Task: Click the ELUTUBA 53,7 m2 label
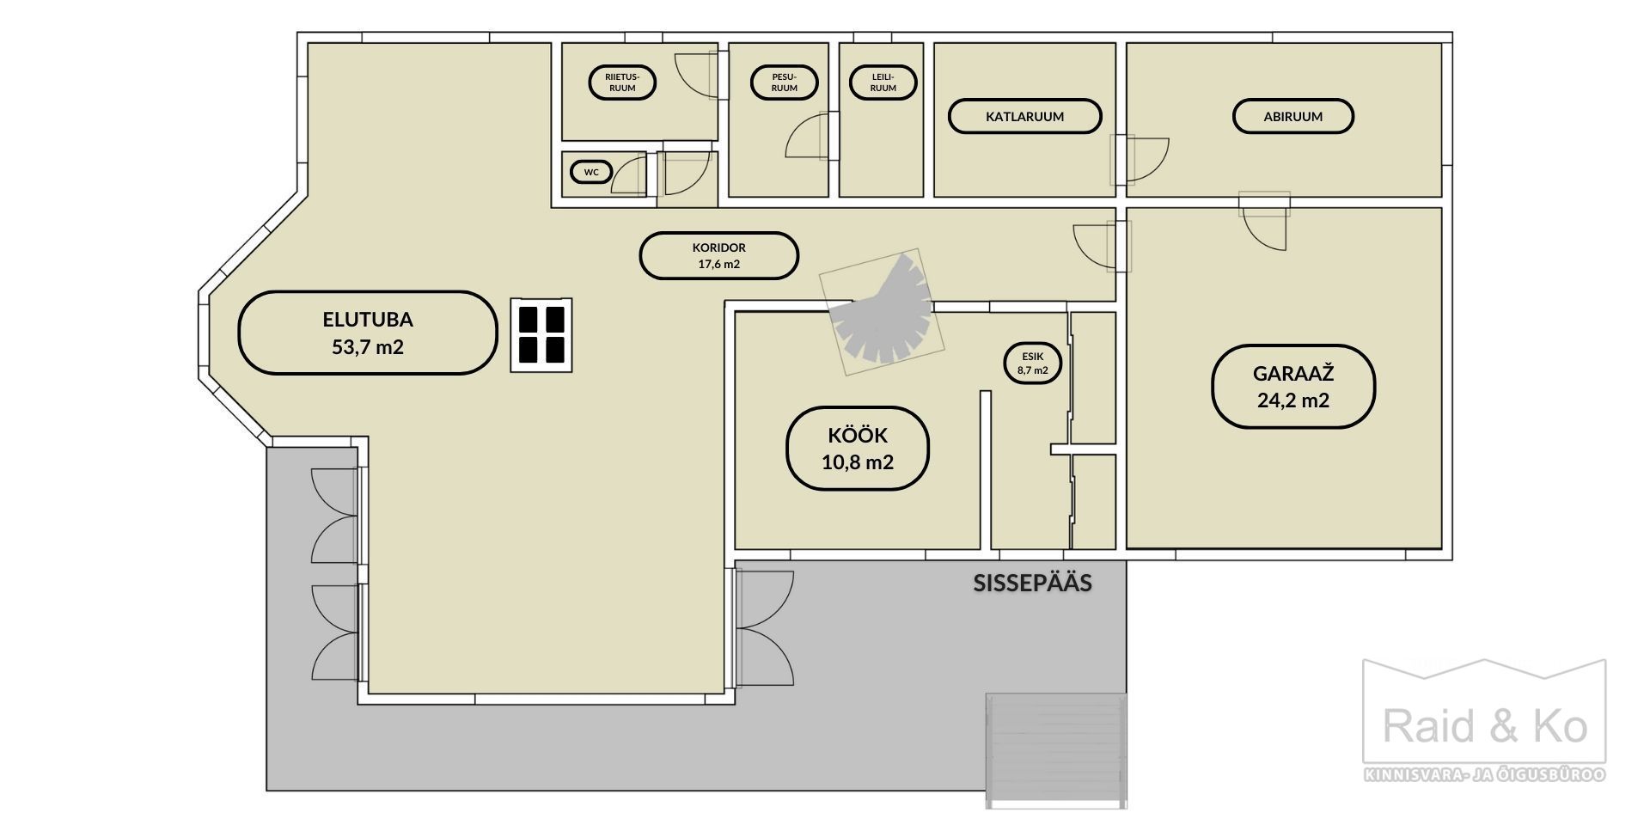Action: (368, 333)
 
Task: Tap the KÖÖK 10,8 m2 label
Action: (858, 449)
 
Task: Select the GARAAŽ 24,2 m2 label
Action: (1293, 387)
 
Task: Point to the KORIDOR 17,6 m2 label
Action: (719, 255)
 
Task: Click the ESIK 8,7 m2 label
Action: (1033, 363)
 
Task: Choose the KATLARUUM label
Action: (1024, 116)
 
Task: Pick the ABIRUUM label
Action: (1293, 116)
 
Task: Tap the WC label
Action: (591, 172)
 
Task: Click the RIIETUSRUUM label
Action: (622, 82)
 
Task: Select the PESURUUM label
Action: (784, 82)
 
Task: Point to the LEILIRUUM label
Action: (883, 82)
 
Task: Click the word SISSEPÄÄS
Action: (1032, 583)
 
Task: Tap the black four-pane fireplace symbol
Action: (541, 335)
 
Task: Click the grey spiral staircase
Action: (882, 311)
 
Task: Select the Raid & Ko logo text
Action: (1484, 727)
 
